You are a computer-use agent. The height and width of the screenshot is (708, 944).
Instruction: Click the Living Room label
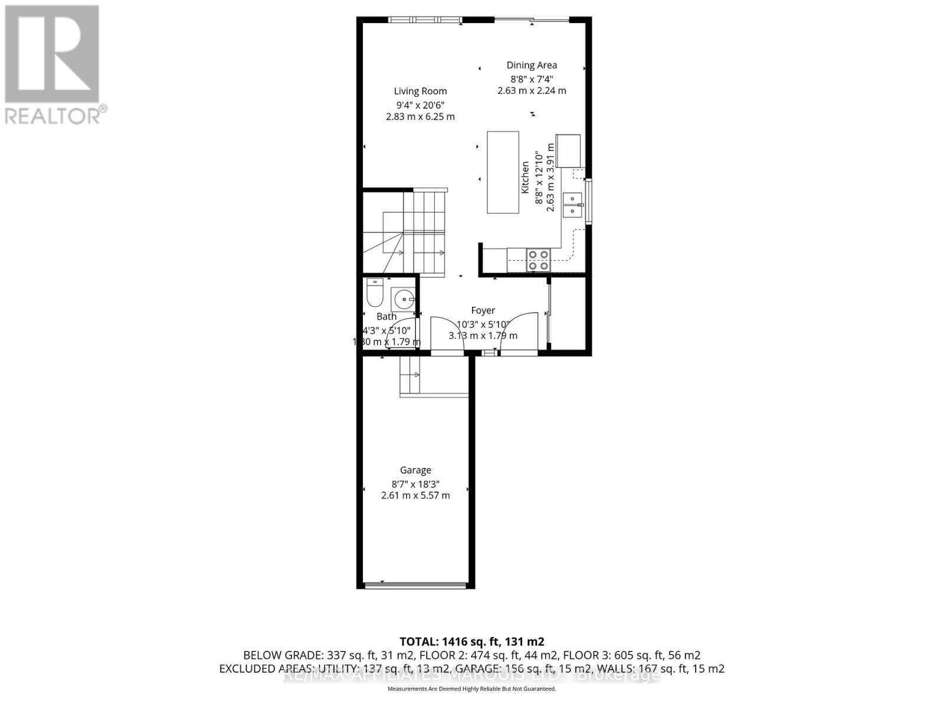tap(420, 91)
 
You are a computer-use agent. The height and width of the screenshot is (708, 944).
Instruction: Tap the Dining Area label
tap(532, 65)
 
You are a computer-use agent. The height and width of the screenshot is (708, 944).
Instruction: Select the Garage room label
tap(415, 470)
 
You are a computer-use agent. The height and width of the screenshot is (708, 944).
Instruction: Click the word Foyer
tap(483, 310)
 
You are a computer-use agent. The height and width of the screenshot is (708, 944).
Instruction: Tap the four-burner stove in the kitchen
tap(539, 260)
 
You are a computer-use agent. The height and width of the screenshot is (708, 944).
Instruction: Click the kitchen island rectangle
tap(503, 172)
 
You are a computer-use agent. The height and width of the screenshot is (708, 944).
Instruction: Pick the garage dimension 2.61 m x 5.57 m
tap(415, 495)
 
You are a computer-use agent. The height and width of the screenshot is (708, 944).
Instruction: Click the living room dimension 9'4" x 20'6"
tap(420, 104)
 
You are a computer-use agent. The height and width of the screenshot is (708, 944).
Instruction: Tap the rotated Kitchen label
tap(525, 177)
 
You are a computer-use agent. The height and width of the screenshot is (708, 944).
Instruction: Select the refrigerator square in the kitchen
tap(567, 151)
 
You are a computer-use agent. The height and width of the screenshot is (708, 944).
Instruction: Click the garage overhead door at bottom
tap(416, 585)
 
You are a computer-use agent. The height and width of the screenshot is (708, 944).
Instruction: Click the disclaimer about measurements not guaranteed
tap(471, 689)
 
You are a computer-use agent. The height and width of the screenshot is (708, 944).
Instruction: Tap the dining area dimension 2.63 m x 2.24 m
tap(532, 91)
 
